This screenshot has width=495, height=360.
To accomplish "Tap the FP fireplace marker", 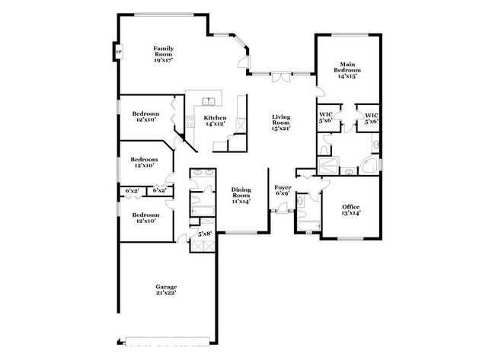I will [118, 53].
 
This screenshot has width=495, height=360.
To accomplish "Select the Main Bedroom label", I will [347, 70].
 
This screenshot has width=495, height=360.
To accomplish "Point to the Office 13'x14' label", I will [350, 210].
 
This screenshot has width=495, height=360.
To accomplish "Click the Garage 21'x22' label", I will [166, 289].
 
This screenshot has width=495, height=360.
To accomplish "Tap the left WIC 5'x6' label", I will [325, 117].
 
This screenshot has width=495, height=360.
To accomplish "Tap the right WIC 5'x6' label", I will [371, 117].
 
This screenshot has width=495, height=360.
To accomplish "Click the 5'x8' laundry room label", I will [205, 234].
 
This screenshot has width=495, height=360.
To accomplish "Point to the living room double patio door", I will [282, 75].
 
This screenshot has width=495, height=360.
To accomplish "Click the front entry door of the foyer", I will [282, 212].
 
